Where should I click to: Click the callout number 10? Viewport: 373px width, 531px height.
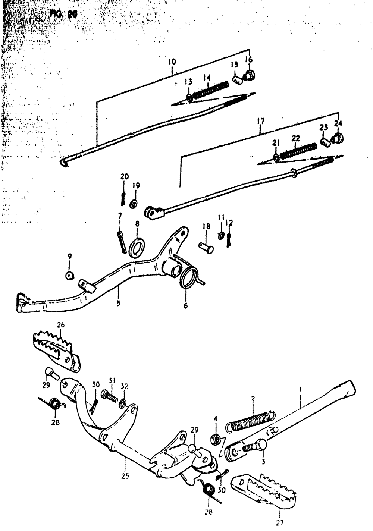click(172, 61)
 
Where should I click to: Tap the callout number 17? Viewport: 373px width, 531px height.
click(260, 121)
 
